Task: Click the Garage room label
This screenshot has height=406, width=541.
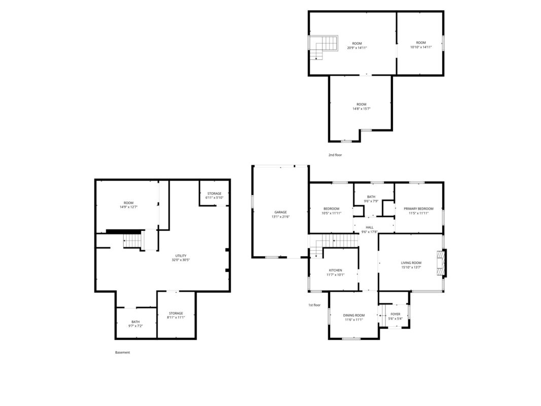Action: (x=280, y=212)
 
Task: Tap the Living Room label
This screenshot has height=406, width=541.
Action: (x=411, y=263)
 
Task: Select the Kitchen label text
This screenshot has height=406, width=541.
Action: (x=335, y=270)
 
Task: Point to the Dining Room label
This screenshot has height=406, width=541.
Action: (x=353, y=315)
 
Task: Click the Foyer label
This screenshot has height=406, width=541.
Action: (x=395, y=314)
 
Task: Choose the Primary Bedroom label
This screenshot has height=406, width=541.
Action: (x=418, y=209)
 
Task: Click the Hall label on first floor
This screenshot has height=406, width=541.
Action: (x=370, y=227)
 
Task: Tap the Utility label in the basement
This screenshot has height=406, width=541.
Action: (x=181, y=256)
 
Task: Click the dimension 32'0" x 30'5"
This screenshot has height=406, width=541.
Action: (x=181, y=260)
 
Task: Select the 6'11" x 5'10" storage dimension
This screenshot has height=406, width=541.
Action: (x=214, y=198)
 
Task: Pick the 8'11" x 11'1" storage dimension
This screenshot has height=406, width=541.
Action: (x=176, y=317)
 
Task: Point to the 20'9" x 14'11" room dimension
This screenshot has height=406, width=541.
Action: (x=357, y=48)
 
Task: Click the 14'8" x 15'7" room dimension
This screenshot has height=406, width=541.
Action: (x=361, y=109)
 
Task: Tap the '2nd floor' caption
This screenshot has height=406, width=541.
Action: (x=335, y=155)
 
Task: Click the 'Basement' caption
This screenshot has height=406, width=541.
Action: (x=123, y=353)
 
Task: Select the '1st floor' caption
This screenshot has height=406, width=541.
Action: (x=314, y=305)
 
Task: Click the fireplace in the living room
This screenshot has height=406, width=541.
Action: (x=441, y=263)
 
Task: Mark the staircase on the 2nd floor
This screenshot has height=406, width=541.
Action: (x=323, y=47)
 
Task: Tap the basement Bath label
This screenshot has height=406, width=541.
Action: (x=135, y=322)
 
